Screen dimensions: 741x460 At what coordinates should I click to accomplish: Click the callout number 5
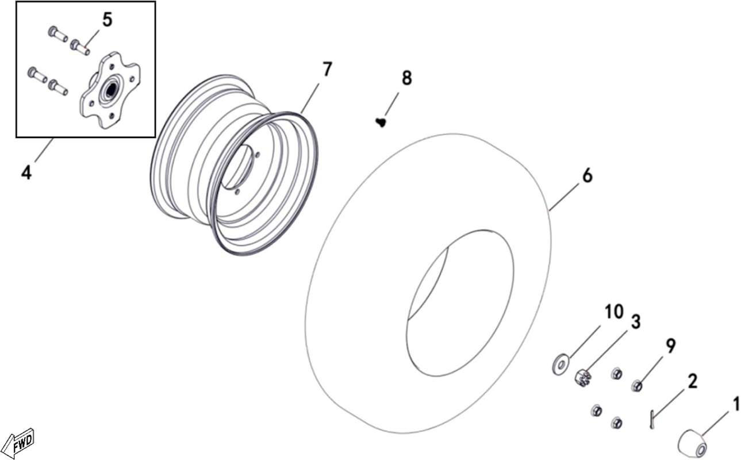[x=107, y=20]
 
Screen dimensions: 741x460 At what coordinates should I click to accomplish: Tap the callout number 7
[x=327, y=70]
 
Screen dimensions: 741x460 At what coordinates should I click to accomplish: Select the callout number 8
[x=406, y=78]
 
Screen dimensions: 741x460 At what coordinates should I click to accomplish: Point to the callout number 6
[x=587, y=176]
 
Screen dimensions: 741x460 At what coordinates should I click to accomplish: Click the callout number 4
[x=26, y=172]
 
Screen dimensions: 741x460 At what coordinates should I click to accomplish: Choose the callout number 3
[x=635, y=322]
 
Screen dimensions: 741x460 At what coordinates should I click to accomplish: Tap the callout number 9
[x=670, y=347]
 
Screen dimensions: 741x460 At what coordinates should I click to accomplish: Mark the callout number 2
[x=692, y=382]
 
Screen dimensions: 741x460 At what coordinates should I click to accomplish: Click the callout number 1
[x=735, y=404]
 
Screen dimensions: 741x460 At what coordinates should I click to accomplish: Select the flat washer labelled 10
[x=560, y=365]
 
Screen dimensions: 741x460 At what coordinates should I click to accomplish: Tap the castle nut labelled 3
[x=583, y=378]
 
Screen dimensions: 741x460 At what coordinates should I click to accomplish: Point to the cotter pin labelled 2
[x=652, y=420]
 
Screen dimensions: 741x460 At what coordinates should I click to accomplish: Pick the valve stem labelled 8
[x=381, y=123]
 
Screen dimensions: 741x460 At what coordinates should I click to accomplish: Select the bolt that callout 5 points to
[x=80, y=47]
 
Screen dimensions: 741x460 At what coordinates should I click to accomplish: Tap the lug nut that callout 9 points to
[x=637, y=386]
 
